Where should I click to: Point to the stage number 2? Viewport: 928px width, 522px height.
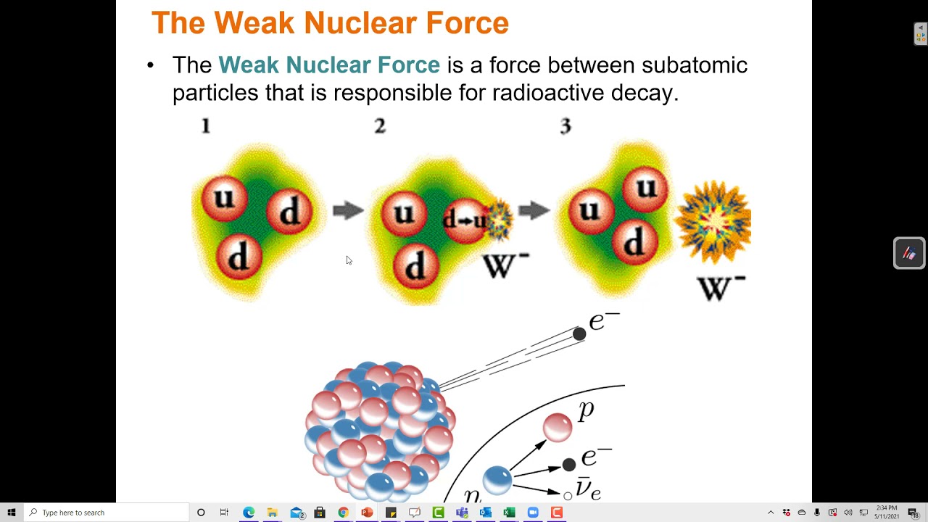pyautogui.click(x=380, y=126)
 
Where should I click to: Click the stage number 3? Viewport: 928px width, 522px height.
pyautogui.click(x=565, y=126)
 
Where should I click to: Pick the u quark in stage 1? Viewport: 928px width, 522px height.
pyautogui.click(x=224, y=198)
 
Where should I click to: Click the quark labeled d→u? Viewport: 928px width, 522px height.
pyautogui.click(x=465, y=219)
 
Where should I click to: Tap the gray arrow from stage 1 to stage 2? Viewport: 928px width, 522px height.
pyautogui.click(x=348, y=211)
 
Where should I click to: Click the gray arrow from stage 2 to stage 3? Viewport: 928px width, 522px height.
pyautogui.click(x=534, y=211)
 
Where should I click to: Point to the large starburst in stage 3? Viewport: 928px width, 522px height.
pyautogui.click(x=714, y=221)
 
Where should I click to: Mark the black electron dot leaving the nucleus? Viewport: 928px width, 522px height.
pyautogui.click(x=579, y=333)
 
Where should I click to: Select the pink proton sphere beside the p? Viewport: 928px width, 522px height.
pyautogui.click(x=558, y=427)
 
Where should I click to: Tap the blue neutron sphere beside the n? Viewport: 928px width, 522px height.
pyautogui.click(x=497, y=479)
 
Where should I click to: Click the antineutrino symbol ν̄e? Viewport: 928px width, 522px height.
pyautogui.click(x=588, y=489)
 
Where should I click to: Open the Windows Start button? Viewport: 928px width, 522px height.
pyautogui.click(x=12, y=513)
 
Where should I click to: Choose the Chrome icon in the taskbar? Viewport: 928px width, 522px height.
pyautogui.click(x=343, y=513)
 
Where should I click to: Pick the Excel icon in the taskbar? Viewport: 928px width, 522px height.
pyautogui.click(x=509, y=513)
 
